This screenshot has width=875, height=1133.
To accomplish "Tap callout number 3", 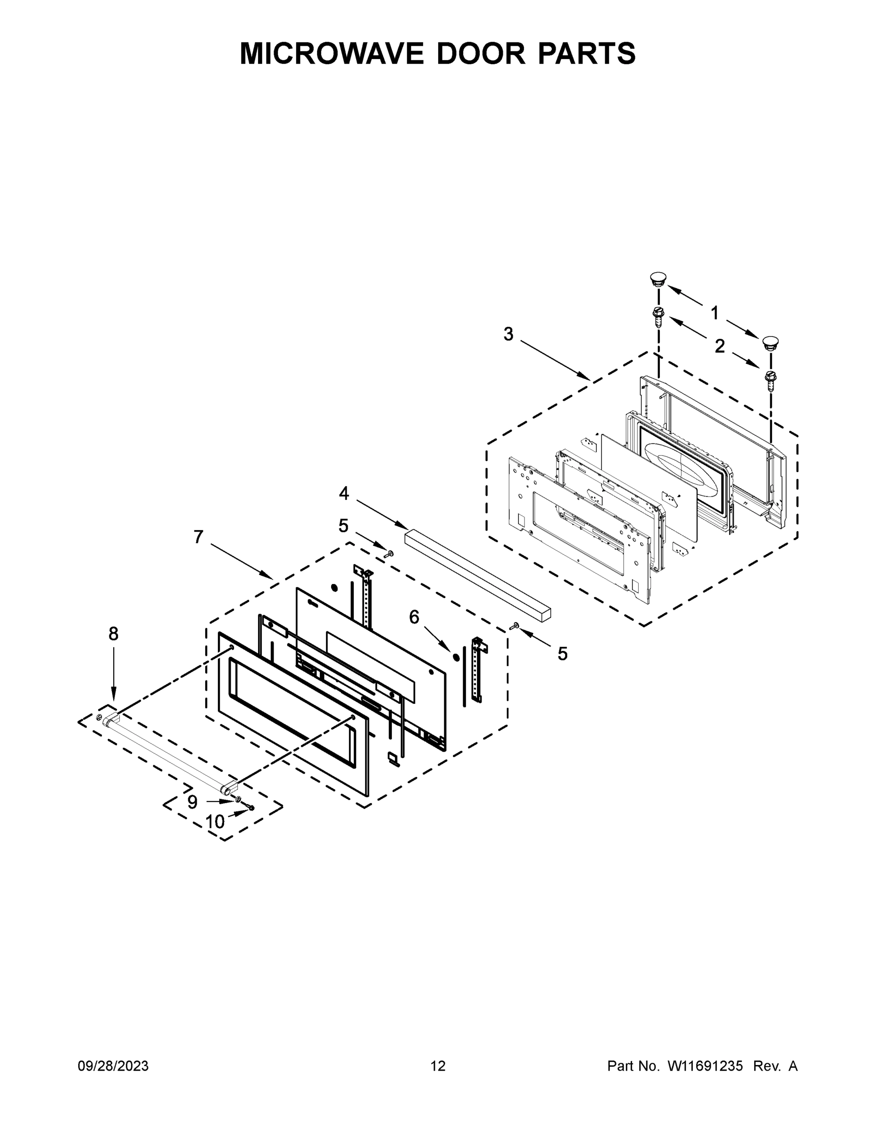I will (508, 335).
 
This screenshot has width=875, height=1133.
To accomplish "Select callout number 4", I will (344, 493).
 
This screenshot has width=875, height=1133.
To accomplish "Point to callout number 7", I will (198, 537).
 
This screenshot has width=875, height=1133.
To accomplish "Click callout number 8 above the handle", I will (113, 634).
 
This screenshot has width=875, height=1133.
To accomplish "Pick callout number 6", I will (414, 617).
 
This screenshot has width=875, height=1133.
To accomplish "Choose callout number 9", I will (192, 803).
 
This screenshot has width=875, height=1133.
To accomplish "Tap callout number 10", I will (215, 822).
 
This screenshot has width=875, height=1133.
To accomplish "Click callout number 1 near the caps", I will (714, 313).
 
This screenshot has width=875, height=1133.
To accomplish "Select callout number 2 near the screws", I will (719, 346).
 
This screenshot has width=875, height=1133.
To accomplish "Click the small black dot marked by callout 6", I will (456, 657).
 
